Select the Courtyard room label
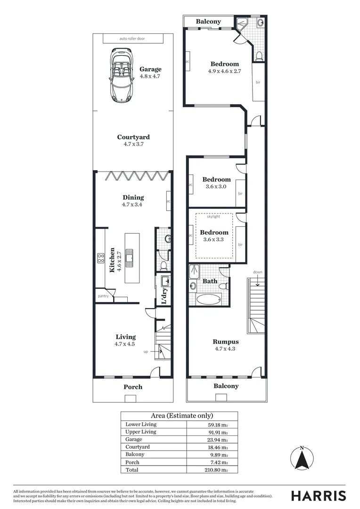pyautogui.click(x=133, y=137)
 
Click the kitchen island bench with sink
pyautogui.click(x=132, y=257)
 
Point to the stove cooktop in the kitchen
pyautogui.click(x=101, y=258)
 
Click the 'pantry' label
pyautogui.click(x=103, y=296)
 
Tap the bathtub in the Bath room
pyautogui.click(x=208, y=299)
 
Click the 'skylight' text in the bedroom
pyautogui.click(x=213, y=216)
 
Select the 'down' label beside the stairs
pyautogui.click(x=257, y=272)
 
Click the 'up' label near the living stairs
pyautogui.click(x=146, y=352)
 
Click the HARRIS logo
pyautogui.click(x=318, y=495)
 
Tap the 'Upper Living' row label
pyautogui.click(x=141, y=432)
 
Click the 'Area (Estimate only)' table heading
pyautogui.click(x=179, y=416)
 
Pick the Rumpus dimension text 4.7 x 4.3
pyautogui.click(x=226, y=349)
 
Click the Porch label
pyautogui.click(x=133, y=387)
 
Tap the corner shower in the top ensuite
pyautogui.click(x=243, y=23)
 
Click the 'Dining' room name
pyautogui.click(x=133, y=197)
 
